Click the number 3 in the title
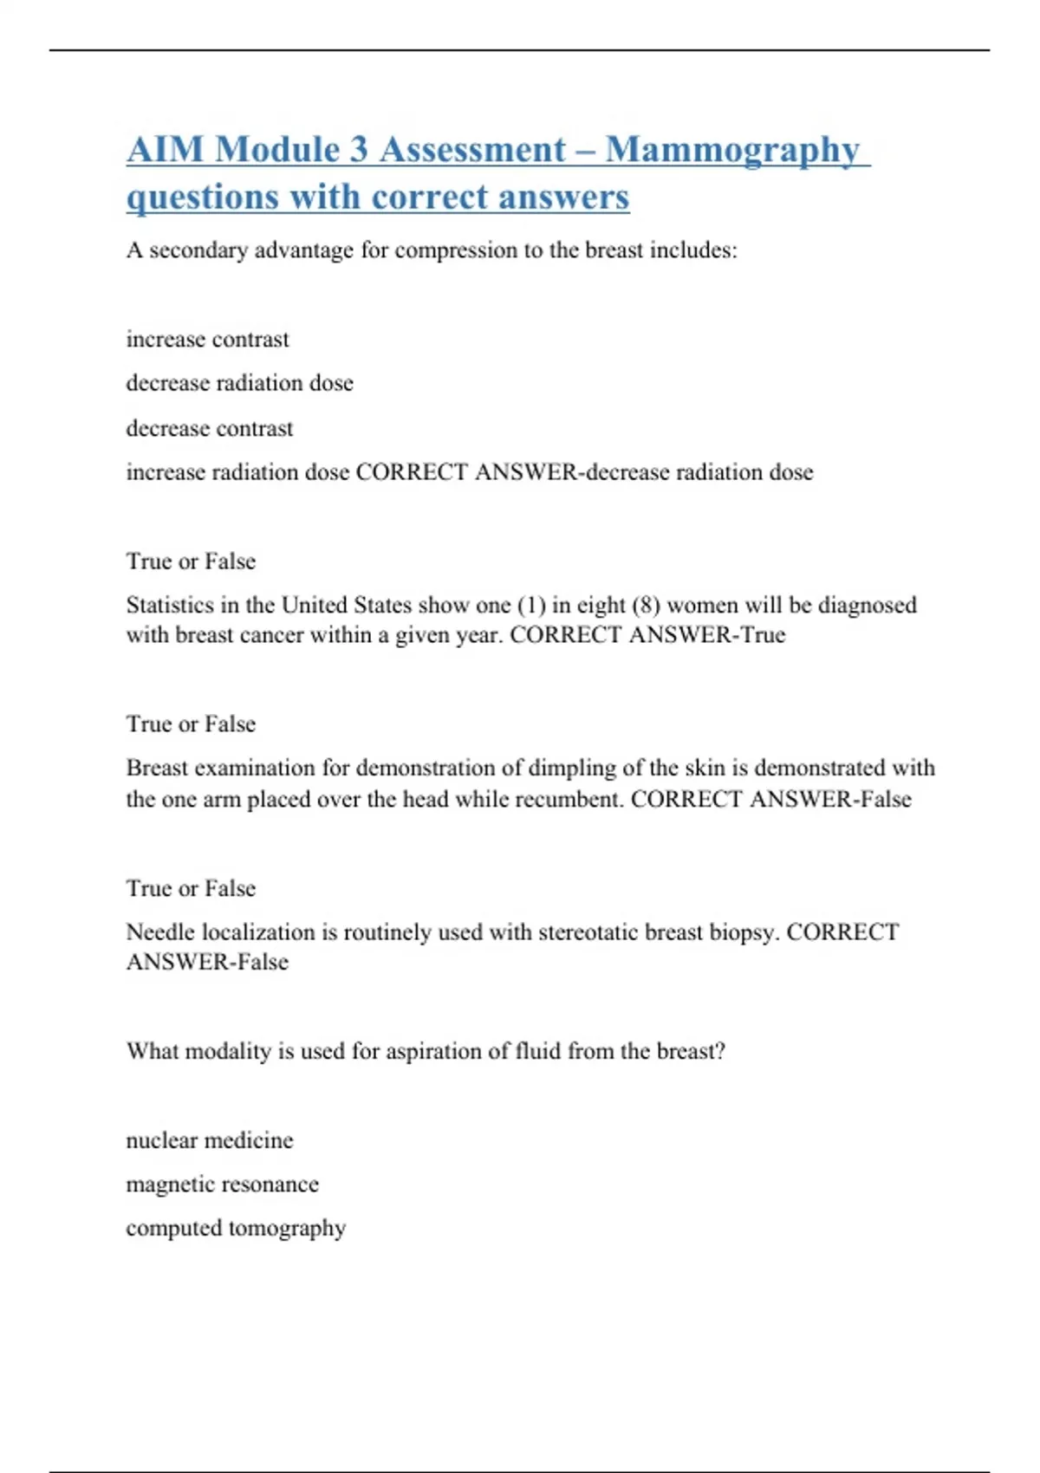[x=359, y=150]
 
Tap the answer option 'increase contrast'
[x=207, y=339]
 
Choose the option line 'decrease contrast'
[x=210, y=428]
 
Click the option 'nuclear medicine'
[x=210, y=1140]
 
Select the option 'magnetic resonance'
[x=222, y=1184]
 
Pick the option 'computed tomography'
[x=236, y=1228]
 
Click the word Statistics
[x=171, y=605]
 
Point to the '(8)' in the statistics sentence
[x=646, y=605]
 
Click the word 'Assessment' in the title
[x=472, y=150]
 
